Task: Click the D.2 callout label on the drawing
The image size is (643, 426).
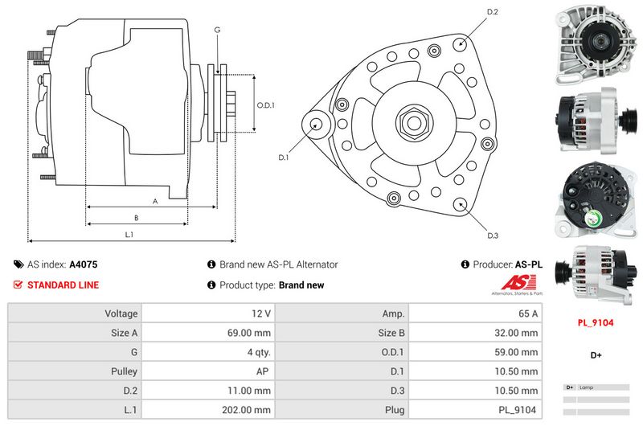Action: [494, 12]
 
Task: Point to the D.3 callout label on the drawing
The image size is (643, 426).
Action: [494, 236]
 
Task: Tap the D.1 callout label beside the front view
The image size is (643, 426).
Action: [284, 158]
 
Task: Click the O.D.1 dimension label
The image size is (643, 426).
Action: [266, 105]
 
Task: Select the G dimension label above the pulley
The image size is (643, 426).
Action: [217, 30]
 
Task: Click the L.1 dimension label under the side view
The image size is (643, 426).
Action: [129, 234]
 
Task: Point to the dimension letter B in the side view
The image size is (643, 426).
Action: [137, 218]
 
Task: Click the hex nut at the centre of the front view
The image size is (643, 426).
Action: [412, 123]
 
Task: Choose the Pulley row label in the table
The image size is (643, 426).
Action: [125, 371]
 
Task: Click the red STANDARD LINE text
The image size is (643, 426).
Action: [63, 285]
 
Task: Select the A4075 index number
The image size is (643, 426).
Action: [84, 264]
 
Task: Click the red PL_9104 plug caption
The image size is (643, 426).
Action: [596, 322]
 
